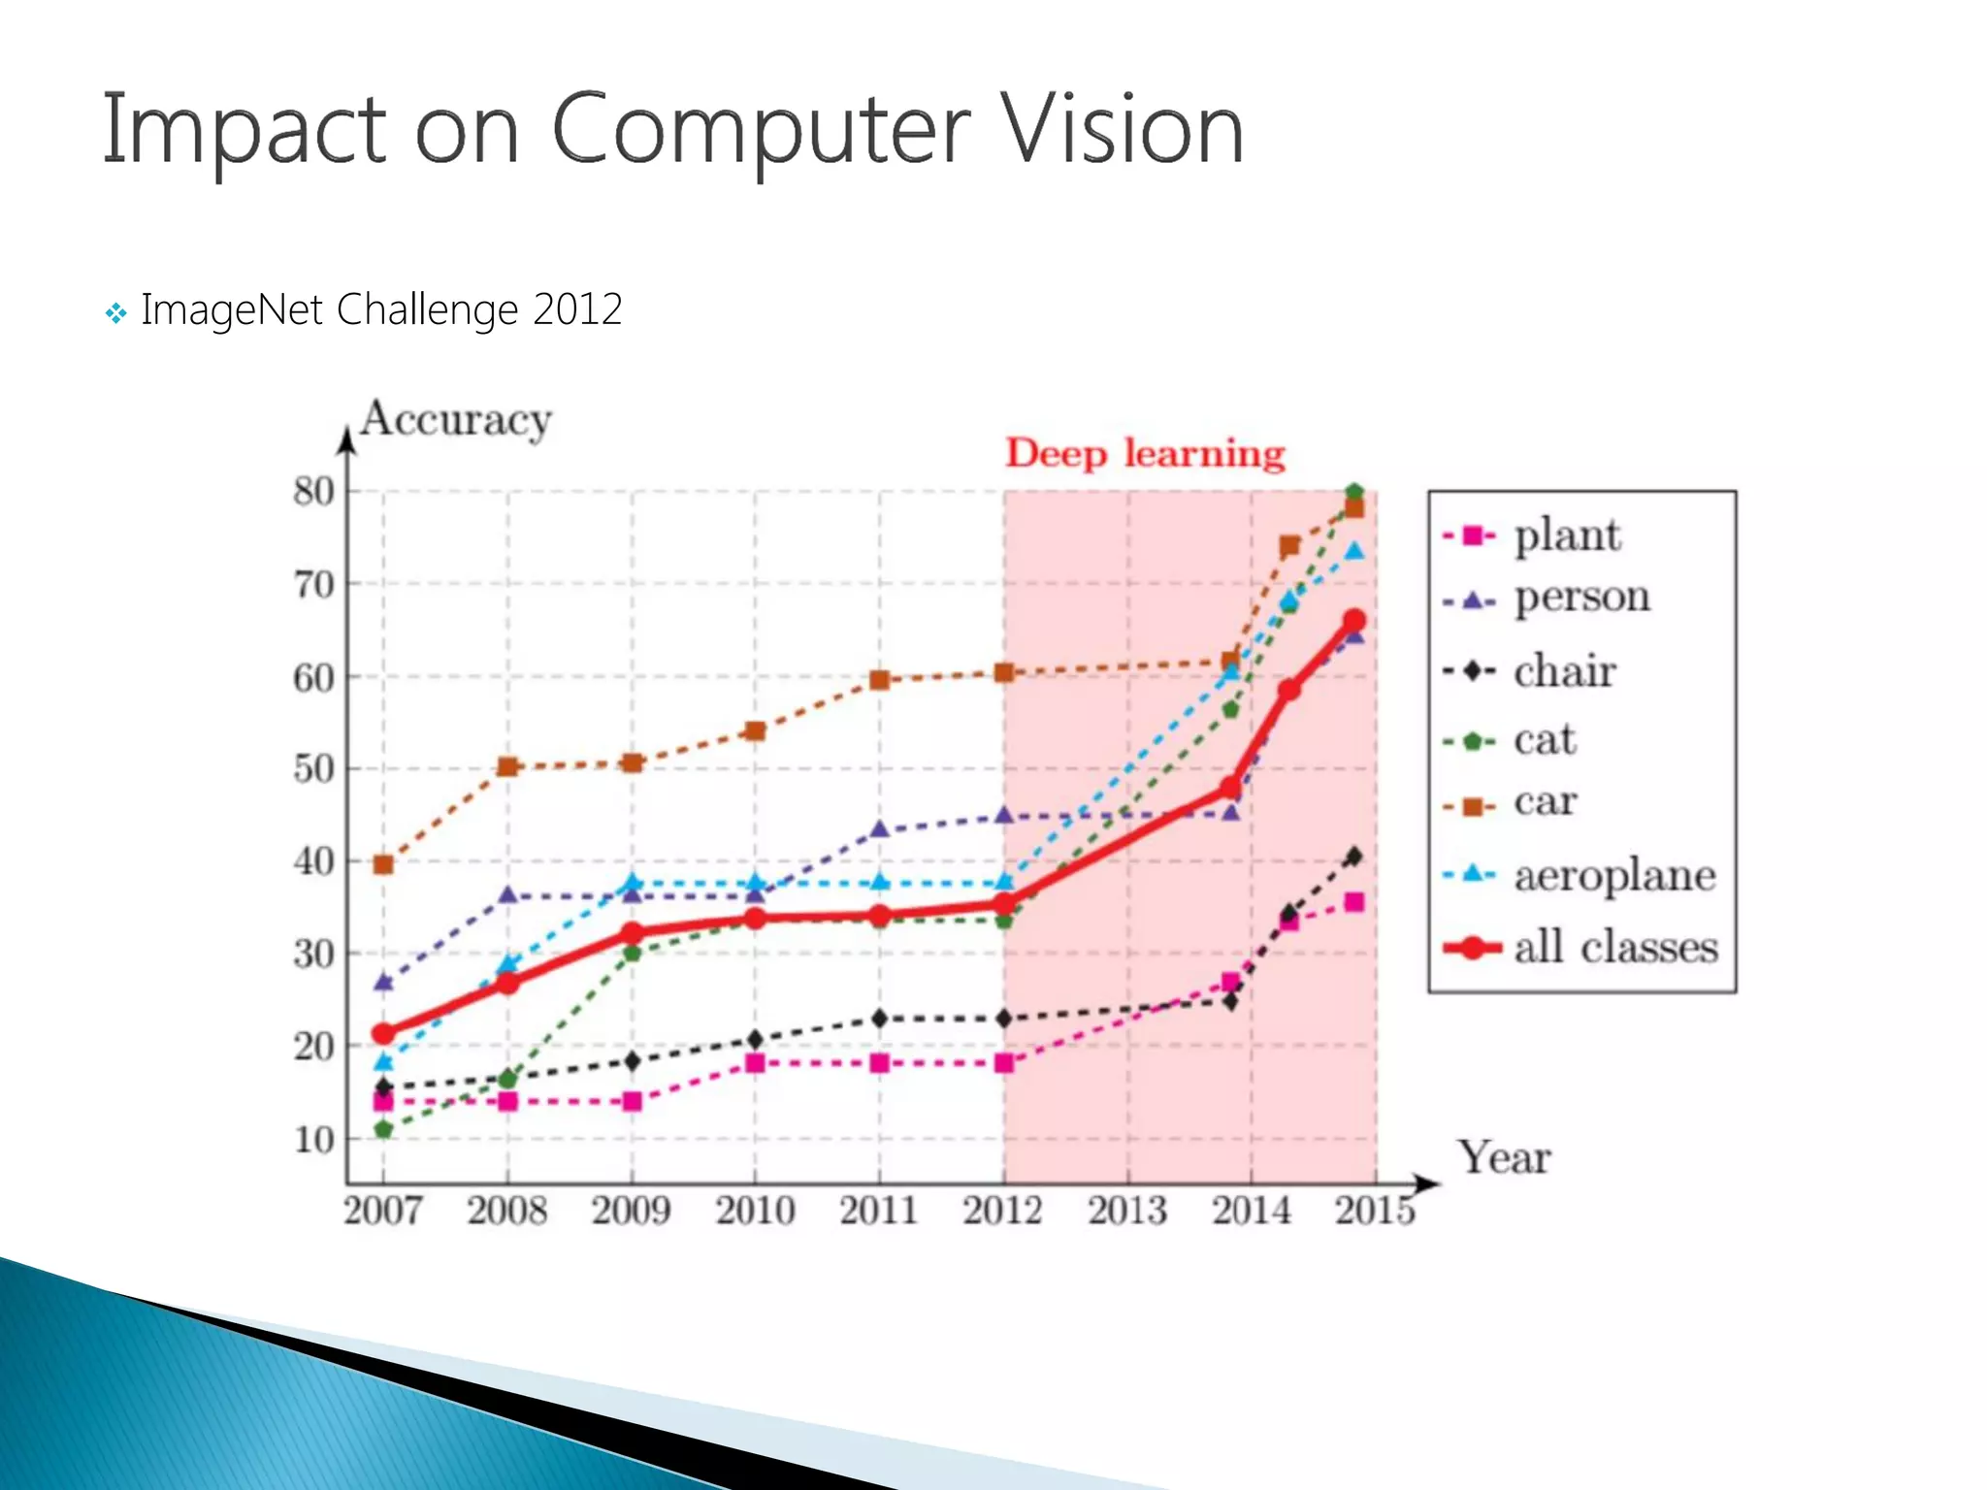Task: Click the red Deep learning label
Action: tap(1145, 454)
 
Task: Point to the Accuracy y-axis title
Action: tap(455, 421)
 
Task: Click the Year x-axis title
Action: tap(1504, 1158)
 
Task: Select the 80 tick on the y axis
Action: tap(313, 492)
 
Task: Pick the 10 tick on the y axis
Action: tap(313, 1140)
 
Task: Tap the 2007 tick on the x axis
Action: tap(382, 1211)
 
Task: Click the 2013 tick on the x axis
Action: tap(1126, 1211)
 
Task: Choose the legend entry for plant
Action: tap(1566, 535)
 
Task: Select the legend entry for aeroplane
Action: tap(1614, 875)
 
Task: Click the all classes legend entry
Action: tap(1614, 948)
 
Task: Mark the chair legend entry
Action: tap(1564, 671)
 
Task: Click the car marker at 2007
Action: tap(383, 864)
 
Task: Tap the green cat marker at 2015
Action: tap(1354, 493)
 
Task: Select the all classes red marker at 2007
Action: tap(383, 1034)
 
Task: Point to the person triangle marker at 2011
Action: tap(880, 829)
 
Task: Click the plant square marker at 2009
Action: tap(632, 1102)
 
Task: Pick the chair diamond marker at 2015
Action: tap(1354, 857)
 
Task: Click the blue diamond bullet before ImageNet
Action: tap(115, 313)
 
